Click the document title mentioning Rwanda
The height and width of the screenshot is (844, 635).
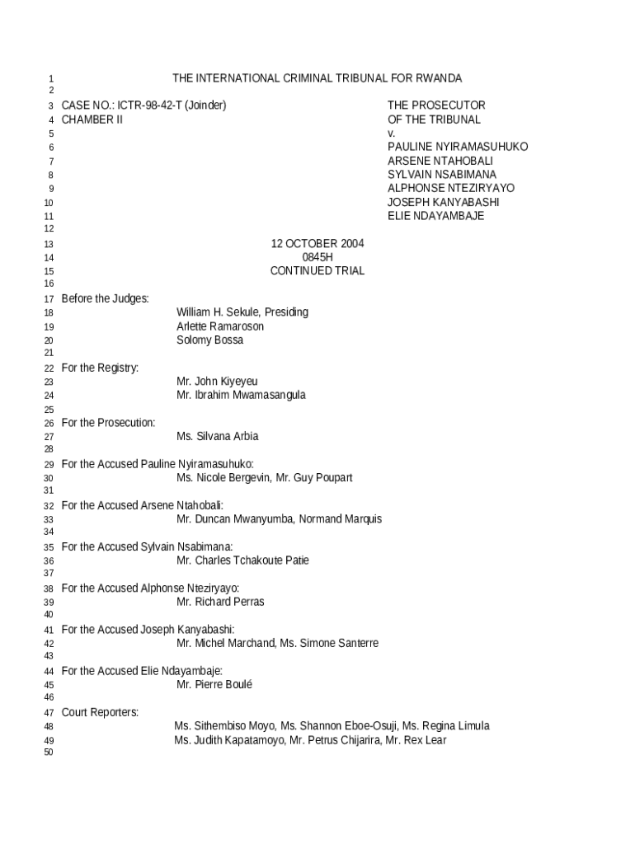[317, 78]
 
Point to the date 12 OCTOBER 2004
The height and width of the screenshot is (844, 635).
[317, 244]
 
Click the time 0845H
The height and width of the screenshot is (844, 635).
[317, 257]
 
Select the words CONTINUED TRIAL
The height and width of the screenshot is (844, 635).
[317, 271]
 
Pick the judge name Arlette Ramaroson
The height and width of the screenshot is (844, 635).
[220, 326]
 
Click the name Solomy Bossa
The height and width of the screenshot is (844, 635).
[209, 340]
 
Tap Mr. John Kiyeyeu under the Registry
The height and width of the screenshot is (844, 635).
[217, 382]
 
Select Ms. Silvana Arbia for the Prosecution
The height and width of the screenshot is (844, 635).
[217, 437]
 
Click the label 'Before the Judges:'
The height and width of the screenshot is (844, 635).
[105, 298]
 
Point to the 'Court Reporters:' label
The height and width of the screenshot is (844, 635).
[100, 712]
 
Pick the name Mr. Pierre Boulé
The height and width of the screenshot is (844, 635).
[214, 685]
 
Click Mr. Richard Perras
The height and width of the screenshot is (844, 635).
[220, 602]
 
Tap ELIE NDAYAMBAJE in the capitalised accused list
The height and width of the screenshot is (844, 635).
[435, 216]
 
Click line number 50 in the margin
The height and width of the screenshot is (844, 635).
[48, 753]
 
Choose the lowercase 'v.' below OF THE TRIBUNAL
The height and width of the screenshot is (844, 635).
[392, 134]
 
